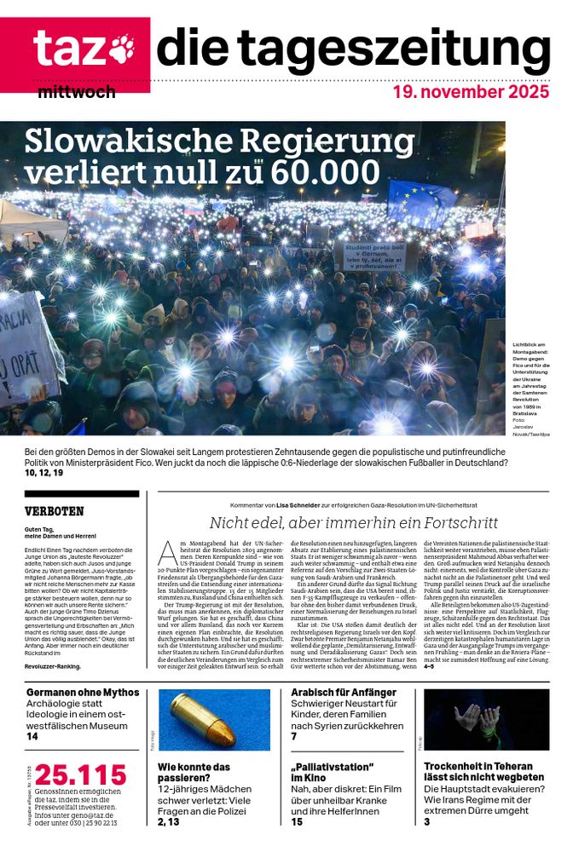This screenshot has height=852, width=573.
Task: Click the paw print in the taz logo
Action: click(121, 49)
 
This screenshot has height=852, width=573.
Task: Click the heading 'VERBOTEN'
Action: click(55, 511)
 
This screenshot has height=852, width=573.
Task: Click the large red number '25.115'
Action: click(80, 775)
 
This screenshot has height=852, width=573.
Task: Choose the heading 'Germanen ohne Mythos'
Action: click(82, 693)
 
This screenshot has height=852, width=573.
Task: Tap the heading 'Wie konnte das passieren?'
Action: click(195, 772)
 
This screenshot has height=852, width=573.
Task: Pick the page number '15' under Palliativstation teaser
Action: click(297, 821)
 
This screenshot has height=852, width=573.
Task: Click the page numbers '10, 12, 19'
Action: click(44, 472)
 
